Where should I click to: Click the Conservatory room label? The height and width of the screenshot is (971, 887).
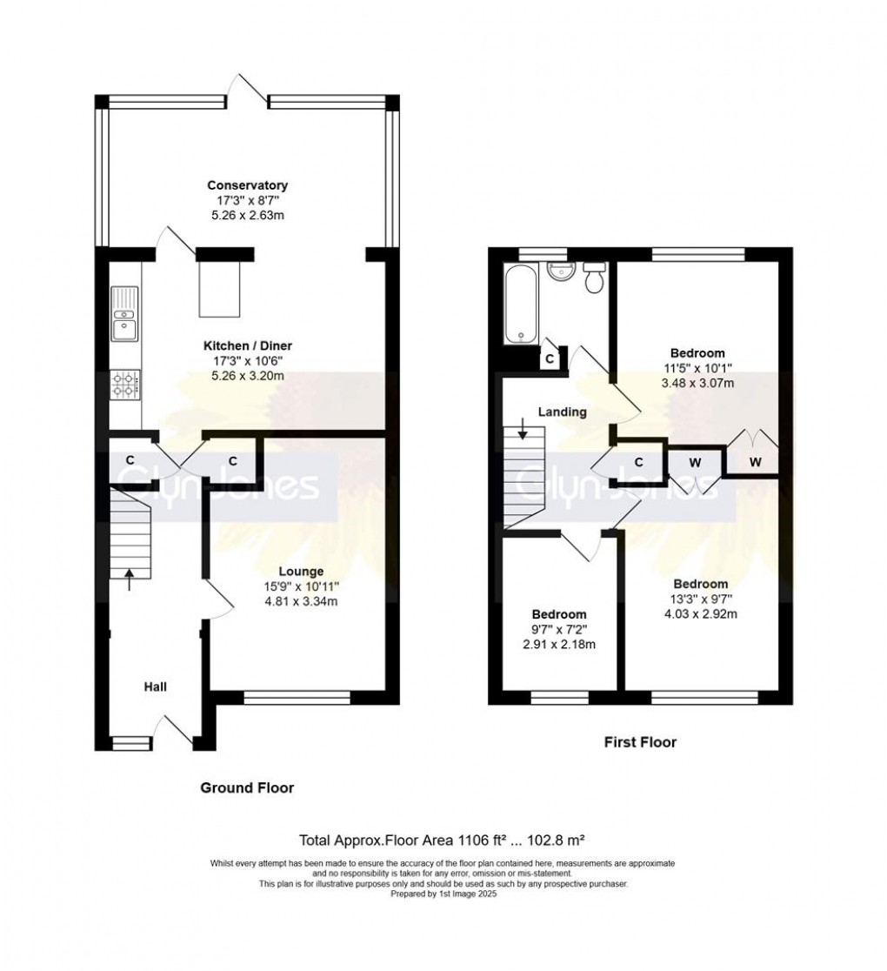pyautogui.click(x=247, y=185)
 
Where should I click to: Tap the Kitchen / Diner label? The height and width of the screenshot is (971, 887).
pyautogui.click(x=247, y=345)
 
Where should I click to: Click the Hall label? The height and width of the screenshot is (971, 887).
pyautogui.click(x=156, y=686)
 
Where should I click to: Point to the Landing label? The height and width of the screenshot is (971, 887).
pyautogui.click(x=563, y=412)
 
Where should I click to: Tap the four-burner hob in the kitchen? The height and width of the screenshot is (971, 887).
pyautogui.click(x=124, y=385)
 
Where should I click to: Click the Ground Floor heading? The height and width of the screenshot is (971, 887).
pyautogui.click(x=247, y=788)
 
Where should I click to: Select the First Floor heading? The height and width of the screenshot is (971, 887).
pyautogui.click(x=640, y=742)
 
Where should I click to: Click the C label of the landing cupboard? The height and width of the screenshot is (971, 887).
pyautogui.click(x=638, y=462)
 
